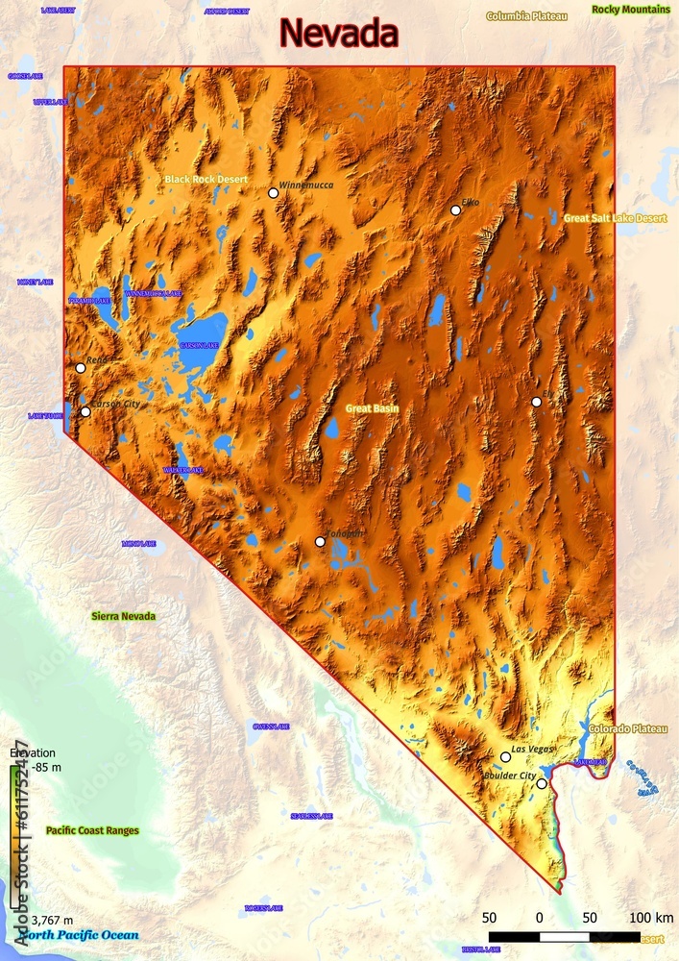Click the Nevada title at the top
pos(338,34)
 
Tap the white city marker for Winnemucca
pos(273,193)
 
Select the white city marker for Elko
pos(455,210)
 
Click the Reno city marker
pos(80,368)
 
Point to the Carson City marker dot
pos(85,412)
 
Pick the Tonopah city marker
pos(320,542)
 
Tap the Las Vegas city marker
pos(505,757)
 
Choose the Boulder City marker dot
pos(542,784)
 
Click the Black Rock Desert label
pos(206,180)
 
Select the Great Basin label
pos(372,408)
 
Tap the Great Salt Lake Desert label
pos(615,218)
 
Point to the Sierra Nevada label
pos(123,616)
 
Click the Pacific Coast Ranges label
pos(92,830)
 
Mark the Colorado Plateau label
pos(627,729)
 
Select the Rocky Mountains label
pos(631,10)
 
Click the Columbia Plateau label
pos(526,16)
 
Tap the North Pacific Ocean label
pos(79,935)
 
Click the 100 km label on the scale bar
pos(651,917)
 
